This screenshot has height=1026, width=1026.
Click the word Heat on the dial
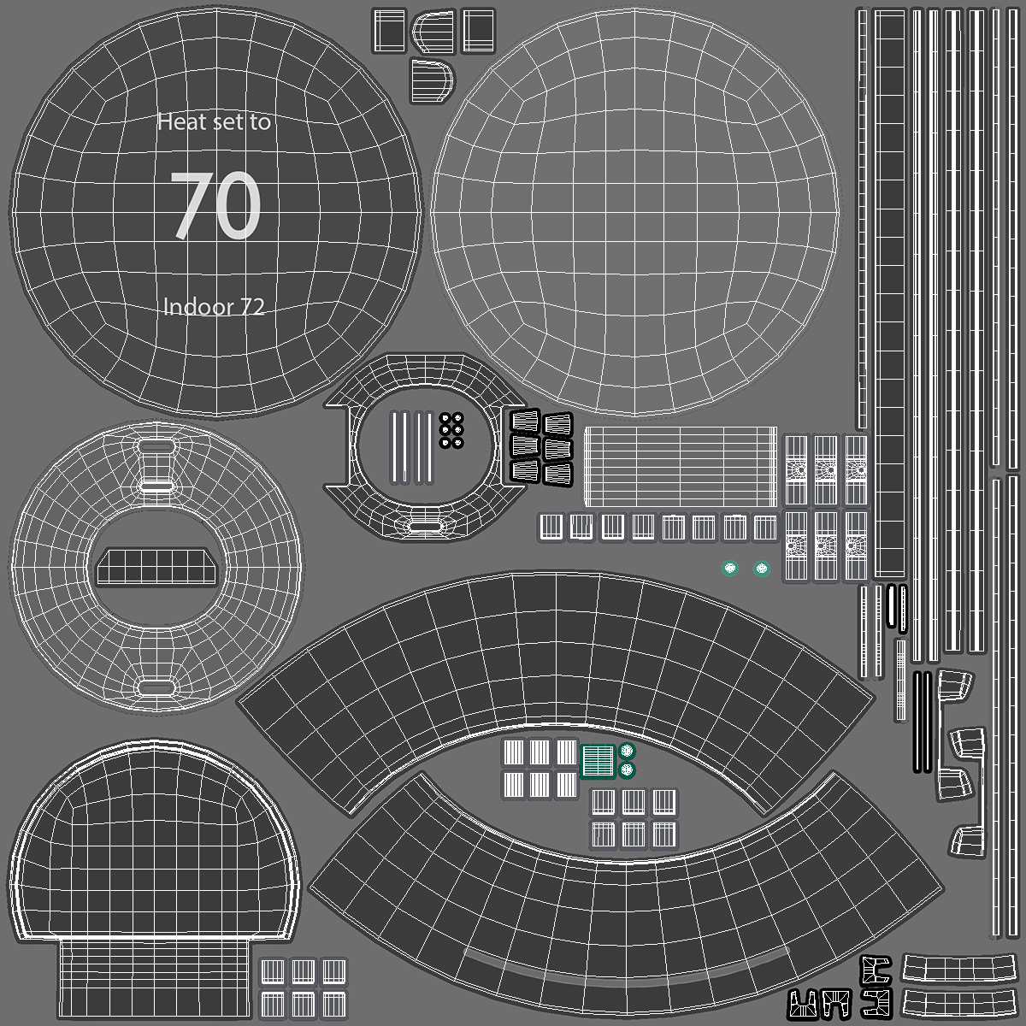(x=181, y=122)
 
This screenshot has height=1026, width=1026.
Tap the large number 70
(x=216, y=206)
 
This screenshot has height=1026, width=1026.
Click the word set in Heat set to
(x=227, y=122)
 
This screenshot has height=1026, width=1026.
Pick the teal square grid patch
(x=598, y=760)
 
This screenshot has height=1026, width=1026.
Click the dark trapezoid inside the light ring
(x=156, y=566)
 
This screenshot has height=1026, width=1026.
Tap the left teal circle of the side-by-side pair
(x=730, y=568)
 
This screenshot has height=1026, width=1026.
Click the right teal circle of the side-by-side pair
(x=761, y=568)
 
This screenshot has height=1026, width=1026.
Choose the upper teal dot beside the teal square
(x=628, y=752)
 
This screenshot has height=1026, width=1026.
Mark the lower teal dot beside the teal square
(x=628, y=769)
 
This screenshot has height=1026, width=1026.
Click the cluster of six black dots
(x=451, y=430)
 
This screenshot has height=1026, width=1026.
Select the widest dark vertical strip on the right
(x=889, y=291)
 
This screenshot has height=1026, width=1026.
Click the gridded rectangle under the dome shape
(x=156, y=976)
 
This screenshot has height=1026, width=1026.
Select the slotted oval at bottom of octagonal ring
(x=424, y=525)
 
